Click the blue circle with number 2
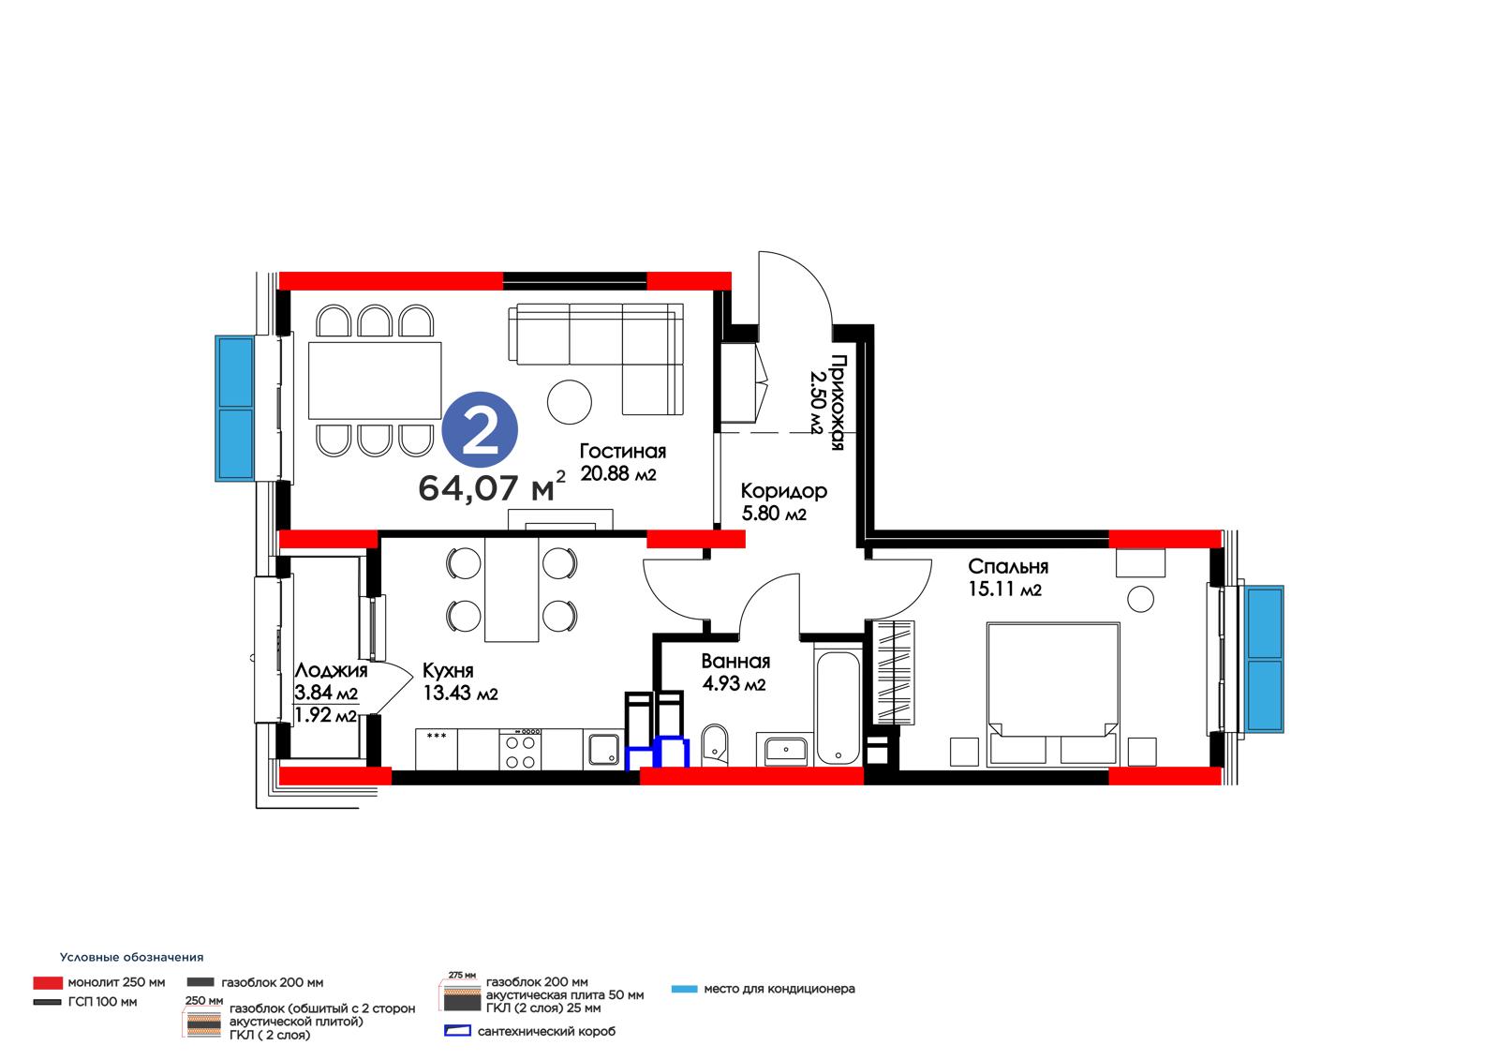click(480, 430)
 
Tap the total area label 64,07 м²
click(492, 486)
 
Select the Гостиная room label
click(622, 452)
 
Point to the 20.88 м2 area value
click(617, 474)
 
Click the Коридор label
click(783, 492)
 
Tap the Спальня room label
click(1008, 567)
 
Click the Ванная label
click(735, 662)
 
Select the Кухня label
click(448, 671)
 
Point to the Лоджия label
click(331, 670)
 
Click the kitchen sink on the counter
click(603, 749)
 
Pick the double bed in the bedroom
click(1053, 694)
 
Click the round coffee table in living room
click(569, 402)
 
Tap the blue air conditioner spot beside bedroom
click(1264, 659)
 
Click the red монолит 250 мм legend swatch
click(48, 983)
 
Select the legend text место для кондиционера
click(779, 989)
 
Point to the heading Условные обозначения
click(131, 958)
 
